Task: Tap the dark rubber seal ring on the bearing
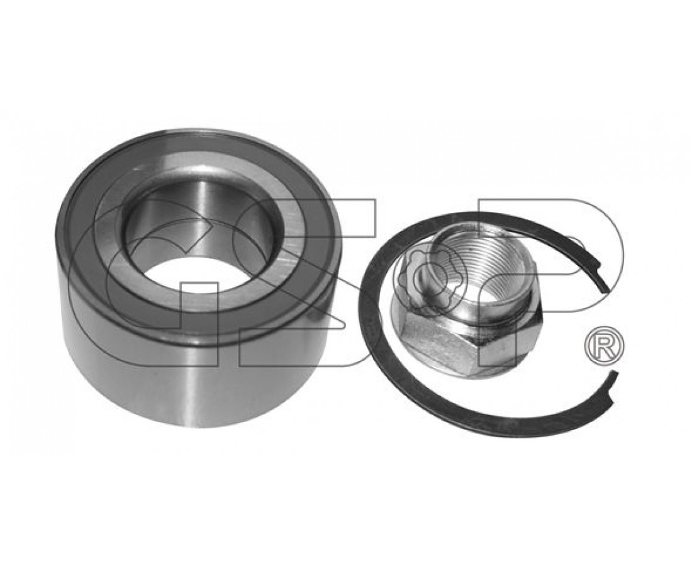88,212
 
